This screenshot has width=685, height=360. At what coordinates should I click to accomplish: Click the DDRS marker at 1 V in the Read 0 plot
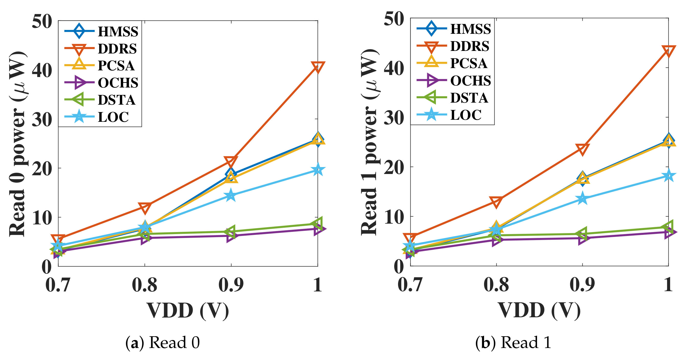(x=317, y=67)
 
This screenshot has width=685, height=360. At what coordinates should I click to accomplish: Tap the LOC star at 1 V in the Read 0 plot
(x=317, y=170)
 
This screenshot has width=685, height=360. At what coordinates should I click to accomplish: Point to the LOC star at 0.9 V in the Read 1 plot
(x=582, y=198)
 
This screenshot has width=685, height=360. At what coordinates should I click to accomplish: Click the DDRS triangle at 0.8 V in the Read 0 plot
(x=145, y=207)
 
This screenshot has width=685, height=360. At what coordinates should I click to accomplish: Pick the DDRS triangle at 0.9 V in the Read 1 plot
(x=582, y=149)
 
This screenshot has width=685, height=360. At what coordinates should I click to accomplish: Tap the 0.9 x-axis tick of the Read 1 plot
(x=582, y=285)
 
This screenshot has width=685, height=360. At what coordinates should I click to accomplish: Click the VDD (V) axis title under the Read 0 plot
(x=188, y=311)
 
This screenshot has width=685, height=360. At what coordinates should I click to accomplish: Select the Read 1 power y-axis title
(x=369, y=142)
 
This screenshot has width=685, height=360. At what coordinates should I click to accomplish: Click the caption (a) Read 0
(x=163, y=342)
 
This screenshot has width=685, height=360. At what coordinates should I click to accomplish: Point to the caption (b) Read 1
(x=513, y=342)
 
